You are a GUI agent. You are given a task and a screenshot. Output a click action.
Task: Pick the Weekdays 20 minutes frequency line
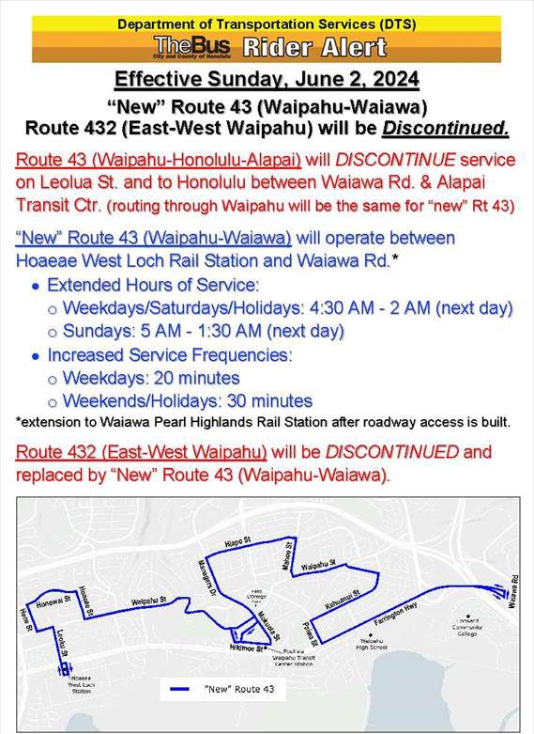pos(150,378)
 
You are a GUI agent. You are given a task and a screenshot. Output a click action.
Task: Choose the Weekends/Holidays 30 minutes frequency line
pos(187,400)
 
